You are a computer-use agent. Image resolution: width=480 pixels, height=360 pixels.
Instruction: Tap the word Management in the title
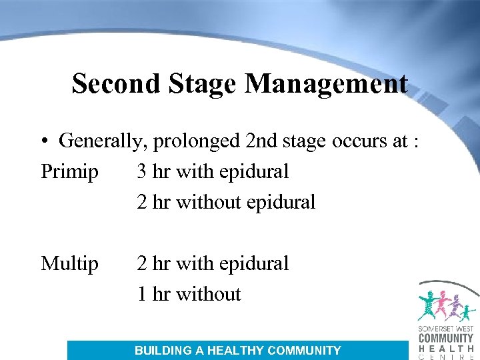[x=326, y=84]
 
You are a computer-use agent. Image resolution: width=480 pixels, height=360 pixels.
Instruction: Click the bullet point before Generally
[x=44, y=141]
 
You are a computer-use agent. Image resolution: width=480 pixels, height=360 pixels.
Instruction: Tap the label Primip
[x=69, y=172]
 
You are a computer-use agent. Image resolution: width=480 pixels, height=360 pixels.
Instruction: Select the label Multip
[x=69, y=264]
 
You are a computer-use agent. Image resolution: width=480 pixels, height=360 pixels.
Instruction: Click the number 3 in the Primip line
[x=142, y=172]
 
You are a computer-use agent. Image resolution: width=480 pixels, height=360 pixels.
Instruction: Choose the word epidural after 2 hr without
[x=281, y=203]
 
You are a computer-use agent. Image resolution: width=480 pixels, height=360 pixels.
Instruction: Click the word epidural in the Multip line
[x=255, y=264]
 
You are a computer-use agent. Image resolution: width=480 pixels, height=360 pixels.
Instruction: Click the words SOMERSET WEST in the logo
[x=445, y=329]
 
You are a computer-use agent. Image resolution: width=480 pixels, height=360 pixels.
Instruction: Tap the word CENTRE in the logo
[x=445, y=357]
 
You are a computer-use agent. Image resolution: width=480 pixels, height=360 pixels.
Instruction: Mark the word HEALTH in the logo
[x=445, y=348]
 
